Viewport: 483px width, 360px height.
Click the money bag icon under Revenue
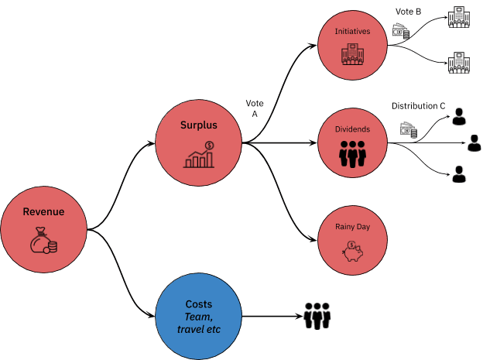point(43,242)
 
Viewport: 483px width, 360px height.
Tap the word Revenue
point(43,212)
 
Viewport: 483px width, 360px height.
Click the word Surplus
point(199,125)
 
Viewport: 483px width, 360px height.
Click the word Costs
point(198,304)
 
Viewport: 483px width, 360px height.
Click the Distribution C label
point(418,106)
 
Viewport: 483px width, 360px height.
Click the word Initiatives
point(352,32)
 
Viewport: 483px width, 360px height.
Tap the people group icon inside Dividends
point(352,153)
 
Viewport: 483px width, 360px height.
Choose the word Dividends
point(352,129)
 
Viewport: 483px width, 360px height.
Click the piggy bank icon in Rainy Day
point(352,251)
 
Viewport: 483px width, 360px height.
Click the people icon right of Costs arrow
point(316,316)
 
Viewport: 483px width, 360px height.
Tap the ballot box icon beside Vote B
point(401,31)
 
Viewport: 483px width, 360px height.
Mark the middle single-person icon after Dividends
point(474,142)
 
